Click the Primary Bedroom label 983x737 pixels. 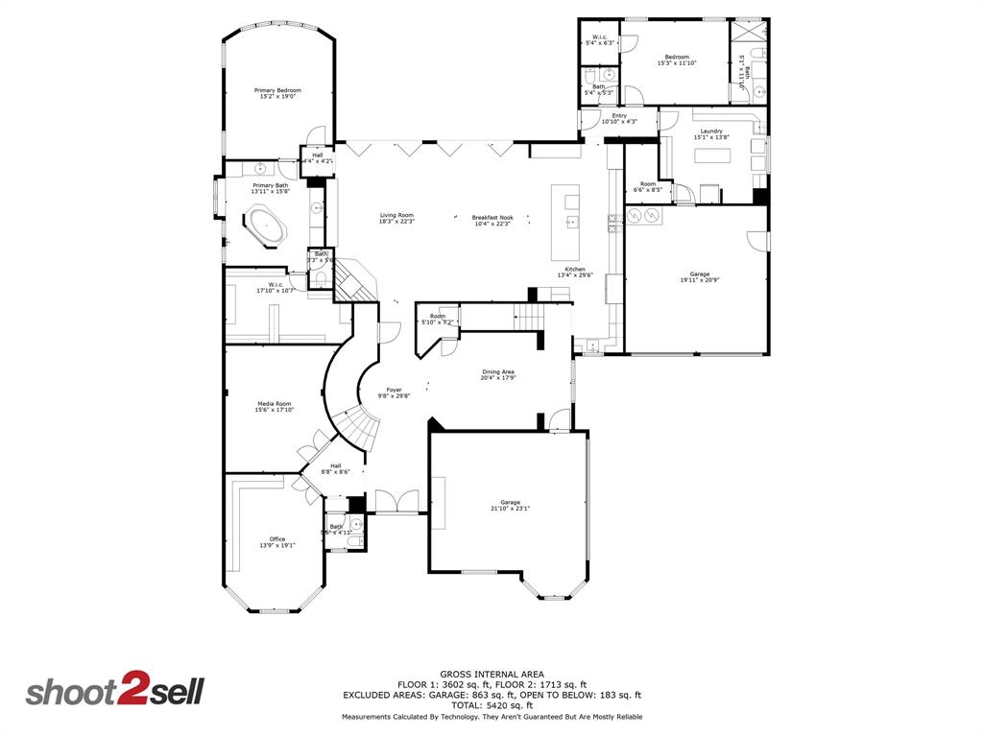point(276,90)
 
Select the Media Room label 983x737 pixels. point(274,404)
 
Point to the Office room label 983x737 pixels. point(276,539)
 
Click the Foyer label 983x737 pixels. point(395,390)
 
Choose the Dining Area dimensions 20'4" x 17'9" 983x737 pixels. point(498,377)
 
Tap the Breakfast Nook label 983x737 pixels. point(492,218)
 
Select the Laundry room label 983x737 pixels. point(711,131)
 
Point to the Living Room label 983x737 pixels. point(396,215)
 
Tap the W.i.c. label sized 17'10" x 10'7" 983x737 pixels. point(276,285)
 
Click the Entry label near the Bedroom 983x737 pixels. point(619,116)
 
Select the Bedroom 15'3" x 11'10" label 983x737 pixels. point(677,57)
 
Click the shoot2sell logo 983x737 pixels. point(114,692)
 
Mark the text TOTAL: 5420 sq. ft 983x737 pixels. point(491,705)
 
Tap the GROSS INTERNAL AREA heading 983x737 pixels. point(491,674)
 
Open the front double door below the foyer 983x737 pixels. point(396,503)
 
